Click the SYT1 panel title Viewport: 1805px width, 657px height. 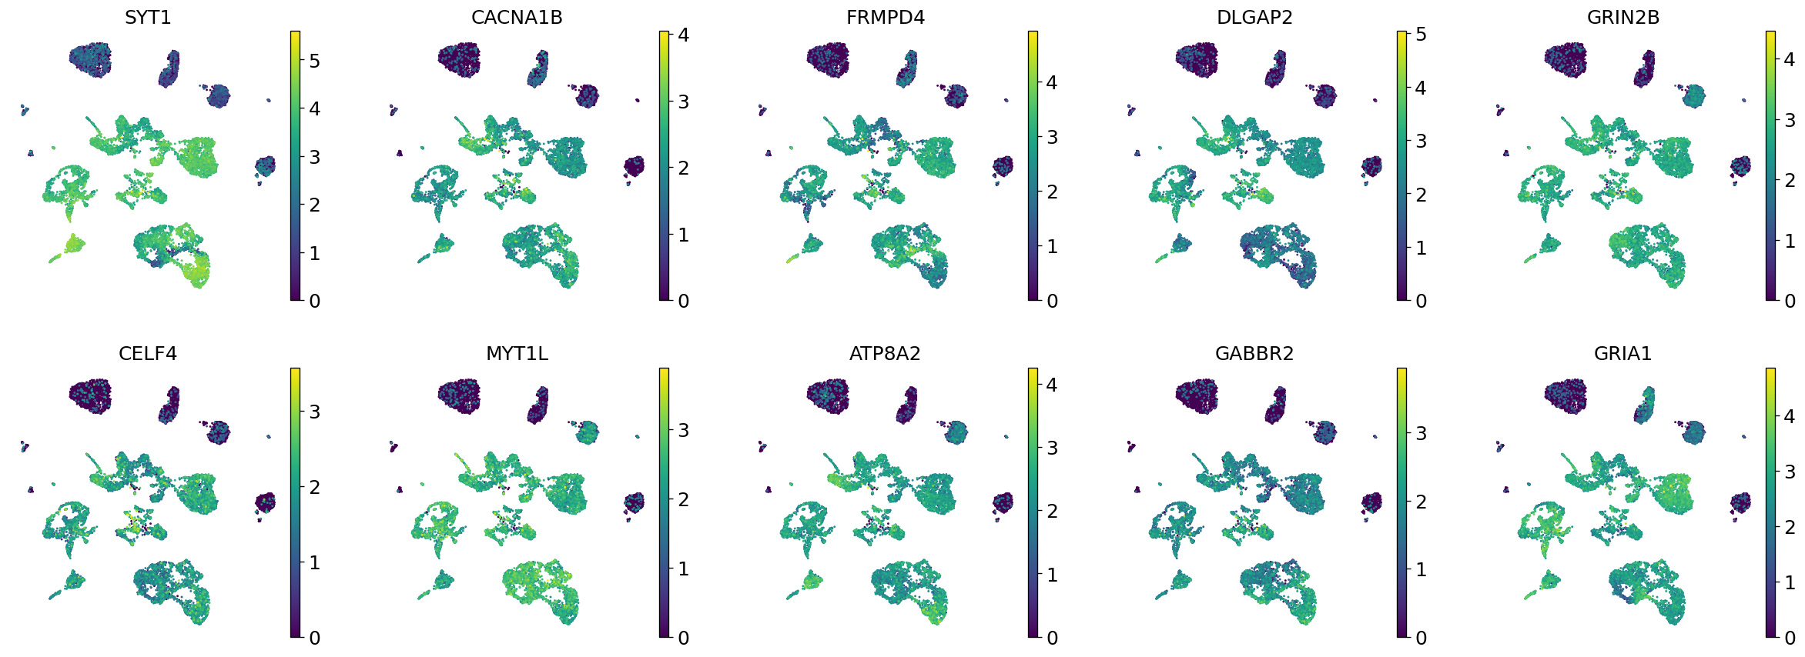pyautogui.click(x=148, y=17)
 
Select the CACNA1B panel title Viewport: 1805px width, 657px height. pyautogui.click(x=517, y=17)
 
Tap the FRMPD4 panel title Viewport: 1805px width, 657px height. pyautogui.click(x=886, y=17)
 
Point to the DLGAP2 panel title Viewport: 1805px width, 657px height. pyautogui.click(x=1254, y=17)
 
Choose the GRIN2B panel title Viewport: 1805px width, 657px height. pyautogui.click(x=1623, y=17)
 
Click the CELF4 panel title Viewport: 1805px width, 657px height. pyautogui.click(x=148, y=353)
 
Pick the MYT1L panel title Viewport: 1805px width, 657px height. pyautogui.click(x=517, y=353)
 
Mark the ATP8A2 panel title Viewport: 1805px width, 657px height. pyautogui.click(x=886, y=353)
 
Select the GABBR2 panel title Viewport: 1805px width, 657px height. pyautogui.click(x=1254, y=353)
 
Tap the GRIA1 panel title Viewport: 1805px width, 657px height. pyautogui.click(x=1623, y=353)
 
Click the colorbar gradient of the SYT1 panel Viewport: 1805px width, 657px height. pyautogui.click(x=295, y=165)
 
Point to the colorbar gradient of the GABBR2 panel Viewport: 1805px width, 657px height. pyautogui.click(x=1401, y=502)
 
